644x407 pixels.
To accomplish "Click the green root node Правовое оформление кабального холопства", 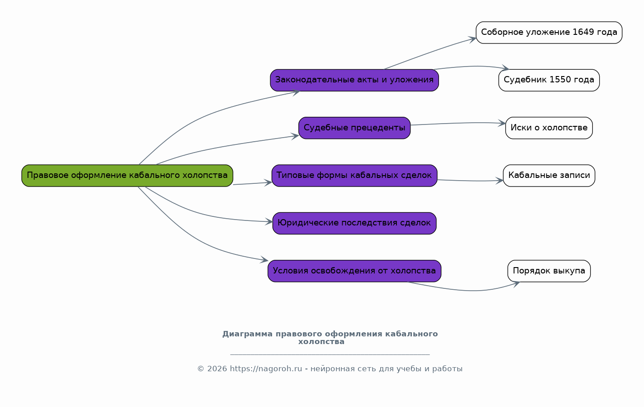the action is click(x=127, y=176).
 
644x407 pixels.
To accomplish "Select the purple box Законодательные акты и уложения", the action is click(x=354, y=80).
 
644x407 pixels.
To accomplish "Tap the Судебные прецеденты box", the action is click(x=354, y=128).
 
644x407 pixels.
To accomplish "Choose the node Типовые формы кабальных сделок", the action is click(x=354, y=176).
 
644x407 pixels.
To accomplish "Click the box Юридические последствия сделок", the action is click(x=354, y=224).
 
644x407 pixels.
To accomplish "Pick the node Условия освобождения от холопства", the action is click(x=354, y=271).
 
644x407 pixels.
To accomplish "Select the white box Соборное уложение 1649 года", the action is click(x=549, y=33).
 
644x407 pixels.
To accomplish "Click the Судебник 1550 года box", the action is click(x=549, y=80).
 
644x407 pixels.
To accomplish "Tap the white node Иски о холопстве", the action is click(x=549, y=128).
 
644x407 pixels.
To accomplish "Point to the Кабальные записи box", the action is click(x=549, y=176).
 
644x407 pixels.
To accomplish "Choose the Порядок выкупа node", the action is click(x=549, y=271).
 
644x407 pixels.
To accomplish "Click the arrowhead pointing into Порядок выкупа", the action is click(x=516, y=284).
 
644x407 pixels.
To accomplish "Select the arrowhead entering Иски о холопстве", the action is click(x=502, y=123).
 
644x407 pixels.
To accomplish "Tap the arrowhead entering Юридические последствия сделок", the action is click(x=268, y=221).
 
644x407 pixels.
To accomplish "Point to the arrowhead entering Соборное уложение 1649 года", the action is click(x=472, y=39).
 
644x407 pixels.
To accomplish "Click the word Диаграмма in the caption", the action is click(x=247, y=334).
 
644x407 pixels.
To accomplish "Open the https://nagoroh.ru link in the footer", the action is click(x=266, y=369).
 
